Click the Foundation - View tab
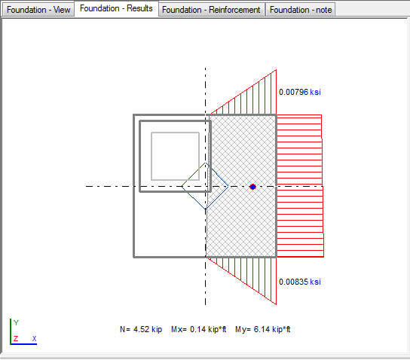tap(38, 10)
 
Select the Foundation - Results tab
tap(116, 8)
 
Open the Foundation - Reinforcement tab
tap(211, 10)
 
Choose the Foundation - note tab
tap(301, 10)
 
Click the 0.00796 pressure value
tap(294, 92)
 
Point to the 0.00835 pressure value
tap(294, 282)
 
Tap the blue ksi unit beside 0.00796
tap(315, 92)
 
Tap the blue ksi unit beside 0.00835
tap(315, 282)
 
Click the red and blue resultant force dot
tap(252, 187)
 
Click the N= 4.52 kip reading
tap(141, 329)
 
